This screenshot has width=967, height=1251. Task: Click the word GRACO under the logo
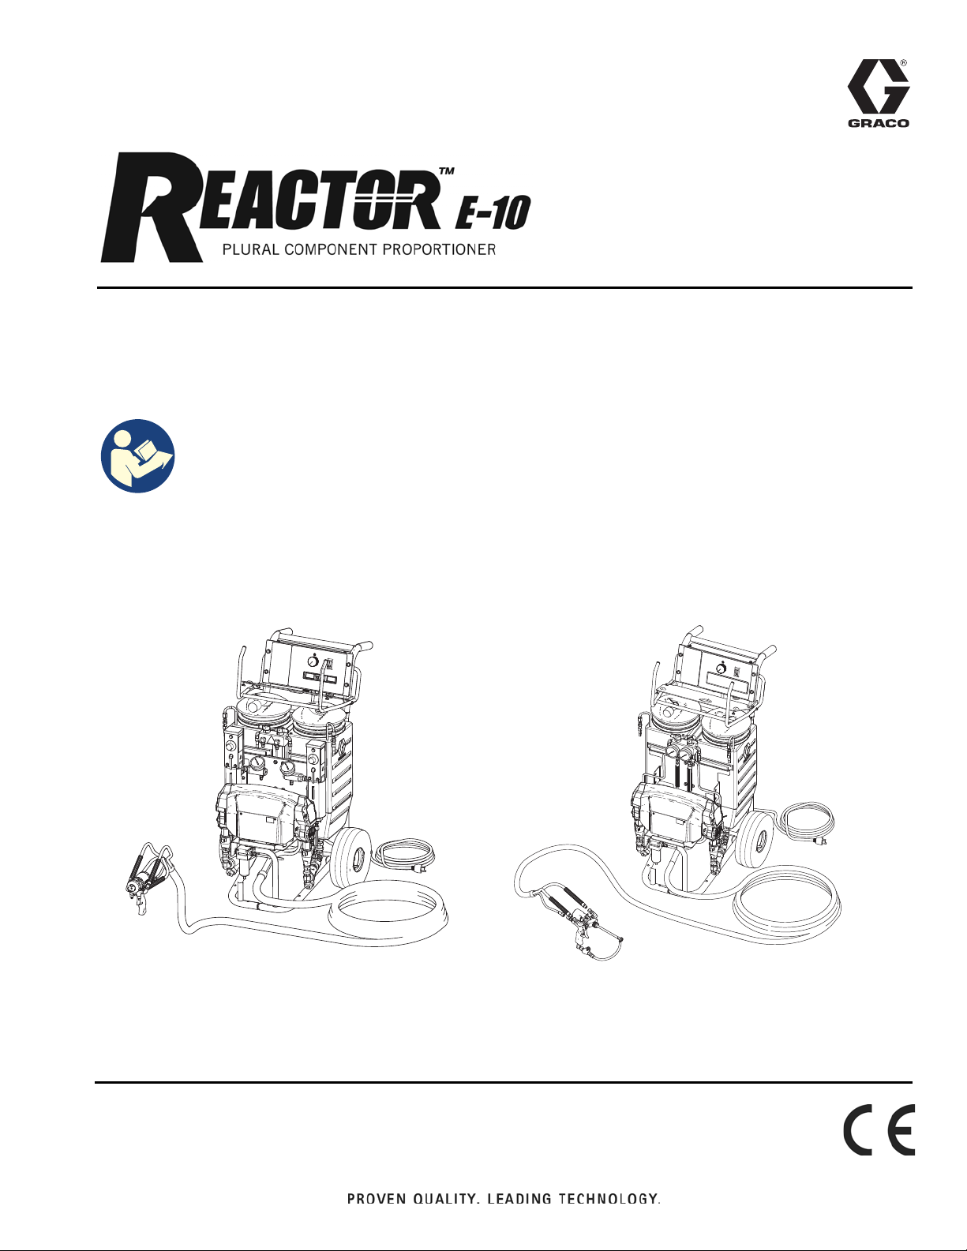point(879,122)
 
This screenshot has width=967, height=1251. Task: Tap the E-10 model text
point(493,212)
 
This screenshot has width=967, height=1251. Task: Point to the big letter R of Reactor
point(152,208)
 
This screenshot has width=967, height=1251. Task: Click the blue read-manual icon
point(138,456)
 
